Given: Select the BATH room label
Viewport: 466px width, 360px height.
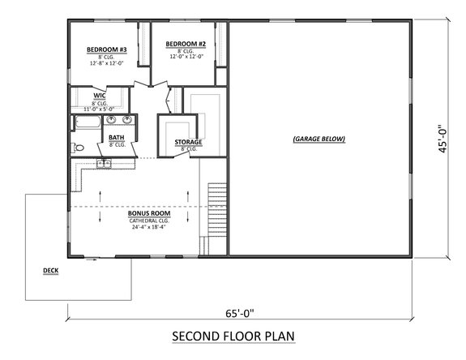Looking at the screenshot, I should point(117,138).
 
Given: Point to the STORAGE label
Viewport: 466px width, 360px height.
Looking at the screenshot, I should point(188,142).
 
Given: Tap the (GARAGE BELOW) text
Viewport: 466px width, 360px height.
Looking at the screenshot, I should point(319,139).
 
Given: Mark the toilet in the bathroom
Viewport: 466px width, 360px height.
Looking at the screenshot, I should point(76,148).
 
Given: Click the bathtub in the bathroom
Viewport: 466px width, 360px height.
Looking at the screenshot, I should point(86,123).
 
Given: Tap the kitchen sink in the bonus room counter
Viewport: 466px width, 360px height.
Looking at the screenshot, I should point(104,165).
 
